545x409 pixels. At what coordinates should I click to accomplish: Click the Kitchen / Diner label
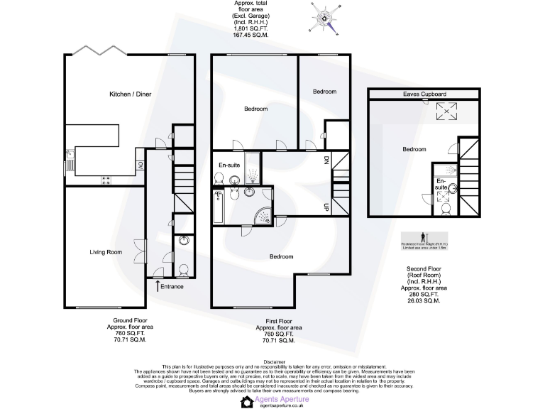click(130, 94)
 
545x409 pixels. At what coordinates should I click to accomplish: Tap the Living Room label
click(106, 252)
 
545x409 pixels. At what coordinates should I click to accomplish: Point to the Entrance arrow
click(157, 285)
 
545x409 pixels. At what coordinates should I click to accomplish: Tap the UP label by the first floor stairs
click(326, 207)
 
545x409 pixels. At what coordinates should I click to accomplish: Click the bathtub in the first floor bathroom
click(219, 207)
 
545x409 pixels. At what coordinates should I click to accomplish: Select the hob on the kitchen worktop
click(105, 180)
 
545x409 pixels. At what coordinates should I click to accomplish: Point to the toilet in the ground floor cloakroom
click(183, 269)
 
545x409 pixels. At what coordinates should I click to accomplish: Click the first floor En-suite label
click(229, 165)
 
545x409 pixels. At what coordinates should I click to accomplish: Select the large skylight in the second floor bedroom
click(446, 111)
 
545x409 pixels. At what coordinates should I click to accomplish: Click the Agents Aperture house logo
click(247, 402)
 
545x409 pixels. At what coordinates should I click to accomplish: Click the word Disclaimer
click(272, 361)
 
